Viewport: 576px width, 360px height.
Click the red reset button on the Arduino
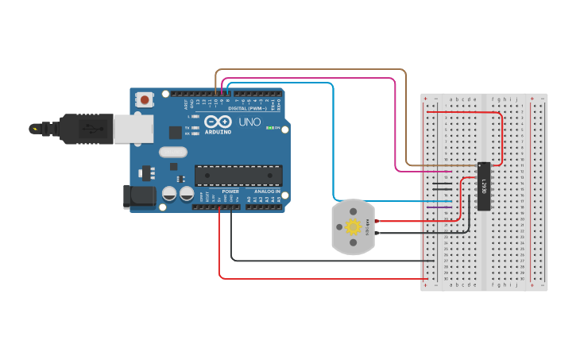tap(145, 100)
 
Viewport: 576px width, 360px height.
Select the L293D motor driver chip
tap(483, 187)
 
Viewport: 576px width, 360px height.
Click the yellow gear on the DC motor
tap(354, 227)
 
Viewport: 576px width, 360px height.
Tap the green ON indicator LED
tap(271, 128)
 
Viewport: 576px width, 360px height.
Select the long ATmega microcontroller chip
tap(238, 175)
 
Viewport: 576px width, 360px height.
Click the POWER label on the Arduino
tap(230, 192)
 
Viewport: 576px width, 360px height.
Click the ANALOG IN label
tap(267, 192)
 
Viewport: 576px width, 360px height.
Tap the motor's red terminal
tap(377, 220)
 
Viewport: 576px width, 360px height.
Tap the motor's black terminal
tap(377, 233)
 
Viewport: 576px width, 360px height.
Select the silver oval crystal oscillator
tap(172, 152)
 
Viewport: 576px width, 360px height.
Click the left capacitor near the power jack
tap(168, 193)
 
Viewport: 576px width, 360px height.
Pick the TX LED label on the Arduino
tap(187, 127)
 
